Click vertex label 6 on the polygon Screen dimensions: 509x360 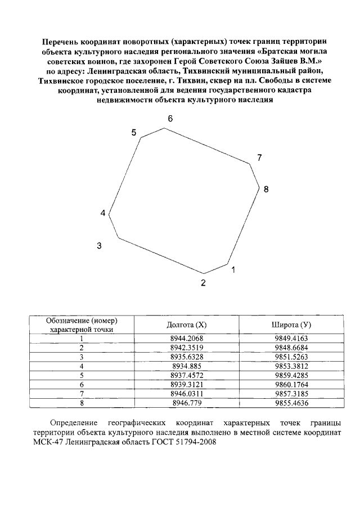pos(170,119)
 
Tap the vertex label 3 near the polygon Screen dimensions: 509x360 pos(99,246)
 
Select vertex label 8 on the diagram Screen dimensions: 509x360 pos(266,190)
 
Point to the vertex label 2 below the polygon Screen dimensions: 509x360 pos(204,283)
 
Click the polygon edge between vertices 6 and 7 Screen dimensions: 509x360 pos(207,146)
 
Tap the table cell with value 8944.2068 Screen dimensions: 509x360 pos(187,339)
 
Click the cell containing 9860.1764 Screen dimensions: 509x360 pos(292,385)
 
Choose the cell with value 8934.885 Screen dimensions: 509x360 pos(187,366)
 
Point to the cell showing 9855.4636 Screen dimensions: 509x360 pos(292,403)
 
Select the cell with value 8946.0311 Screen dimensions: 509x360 pos(187,394)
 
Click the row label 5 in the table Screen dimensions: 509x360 pos(82,376)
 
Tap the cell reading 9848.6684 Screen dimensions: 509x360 pos(292,348)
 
